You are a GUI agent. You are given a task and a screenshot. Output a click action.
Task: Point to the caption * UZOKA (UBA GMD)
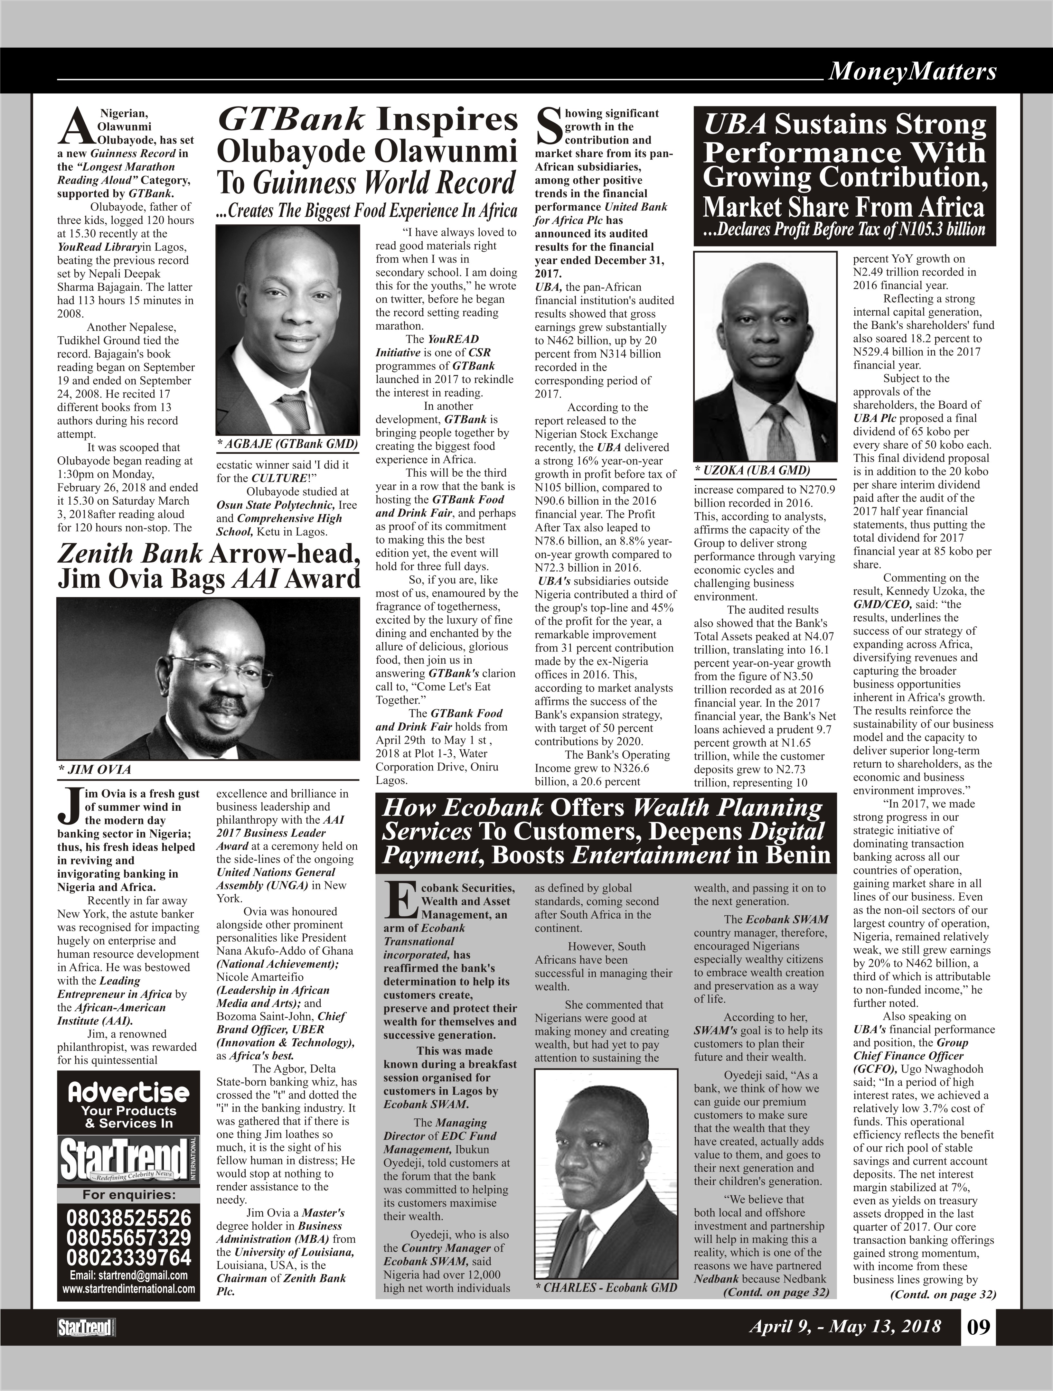click(752, 471)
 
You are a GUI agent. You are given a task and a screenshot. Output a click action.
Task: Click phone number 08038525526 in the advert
click(129, 1218)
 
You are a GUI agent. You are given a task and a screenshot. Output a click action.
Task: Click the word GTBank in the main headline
click(291, 119)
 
